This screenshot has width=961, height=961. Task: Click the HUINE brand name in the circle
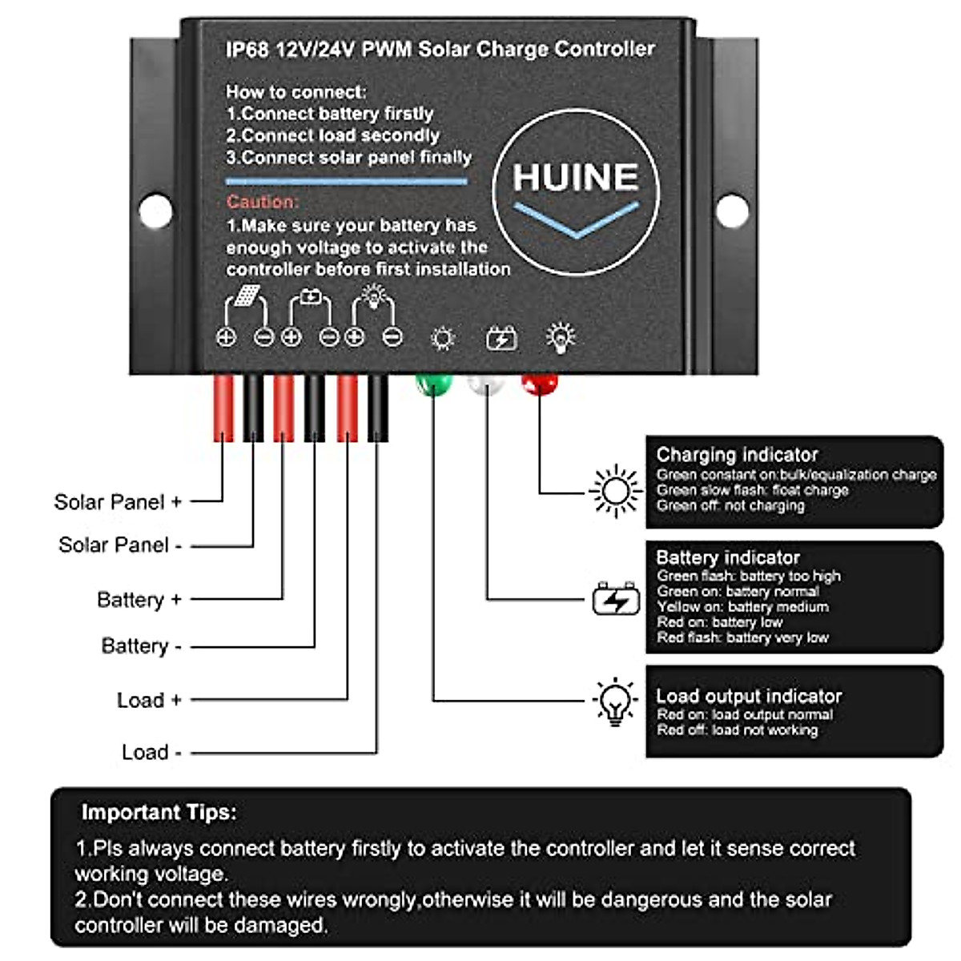point(575,177)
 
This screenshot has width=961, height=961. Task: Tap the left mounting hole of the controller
point(155,212)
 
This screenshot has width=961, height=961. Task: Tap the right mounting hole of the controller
point(731,211)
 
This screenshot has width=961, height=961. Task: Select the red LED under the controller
point(539,384)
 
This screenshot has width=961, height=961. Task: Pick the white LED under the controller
point(486,385)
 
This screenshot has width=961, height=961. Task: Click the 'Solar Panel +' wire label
point(118,502)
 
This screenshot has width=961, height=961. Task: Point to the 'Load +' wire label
point(149,700)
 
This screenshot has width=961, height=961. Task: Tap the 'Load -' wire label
point(151,752)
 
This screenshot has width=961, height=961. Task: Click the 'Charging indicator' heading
point(737,455)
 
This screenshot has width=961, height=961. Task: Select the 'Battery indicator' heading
point(727,557)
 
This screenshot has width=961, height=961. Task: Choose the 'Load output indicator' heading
point(749,696)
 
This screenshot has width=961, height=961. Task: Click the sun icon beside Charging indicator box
point(615,491)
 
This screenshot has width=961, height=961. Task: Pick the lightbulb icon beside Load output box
point(614,702)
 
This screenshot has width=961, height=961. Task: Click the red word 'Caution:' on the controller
point(262,202)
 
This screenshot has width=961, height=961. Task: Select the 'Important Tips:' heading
point(159,812)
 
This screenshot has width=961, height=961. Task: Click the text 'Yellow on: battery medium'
point(742,607)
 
